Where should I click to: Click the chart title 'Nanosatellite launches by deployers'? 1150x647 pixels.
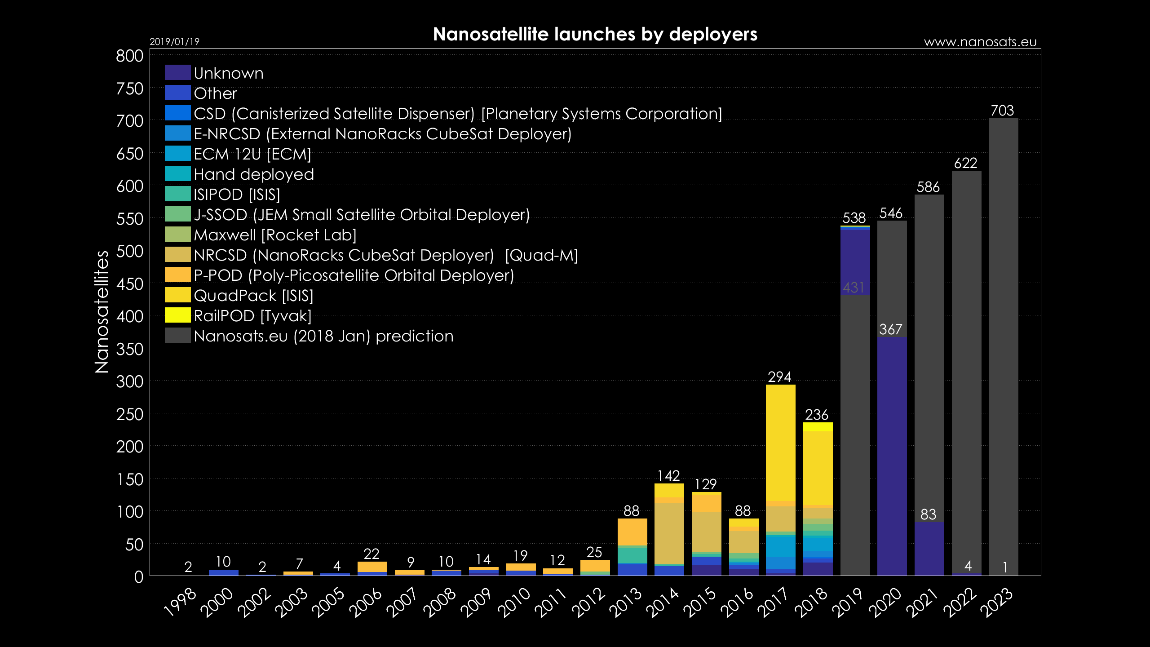pos(595,35)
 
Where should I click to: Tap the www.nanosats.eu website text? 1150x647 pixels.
pos(980,42)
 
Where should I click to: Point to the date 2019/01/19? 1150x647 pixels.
pos(174,42)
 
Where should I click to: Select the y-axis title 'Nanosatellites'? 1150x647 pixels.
pos(102,311)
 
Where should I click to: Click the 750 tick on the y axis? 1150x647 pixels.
pos(130,89)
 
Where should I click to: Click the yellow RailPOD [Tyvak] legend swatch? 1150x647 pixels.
pos(177,315)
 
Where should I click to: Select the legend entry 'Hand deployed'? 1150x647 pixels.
pos(253,174)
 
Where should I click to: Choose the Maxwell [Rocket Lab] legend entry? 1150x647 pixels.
pos(275,235)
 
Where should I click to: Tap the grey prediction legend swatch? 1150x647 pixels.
pos(177,335)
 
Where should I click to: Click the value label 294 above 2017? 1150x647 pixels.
pos(779,377)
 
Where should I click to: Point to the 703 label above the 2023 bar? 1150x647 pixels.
pos(1002,111)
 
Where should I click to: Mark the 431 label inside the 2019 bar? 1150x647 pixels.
pos(854,288)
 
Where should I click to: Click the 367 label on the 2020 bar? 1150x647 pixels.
pos(891,329)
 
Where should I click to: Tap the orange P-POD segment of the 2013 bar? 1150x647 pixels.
pos(632,532)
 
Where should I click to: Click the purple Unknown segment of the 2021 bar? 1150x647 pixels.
pos(929,548)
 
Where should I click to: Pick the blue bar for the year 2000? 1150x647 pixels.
pos(224,572)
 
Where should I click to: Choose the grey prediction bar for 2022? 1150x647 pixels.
pos(966,368)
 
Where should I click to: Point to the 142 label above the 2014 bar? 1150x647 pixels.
pos(668,476)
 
